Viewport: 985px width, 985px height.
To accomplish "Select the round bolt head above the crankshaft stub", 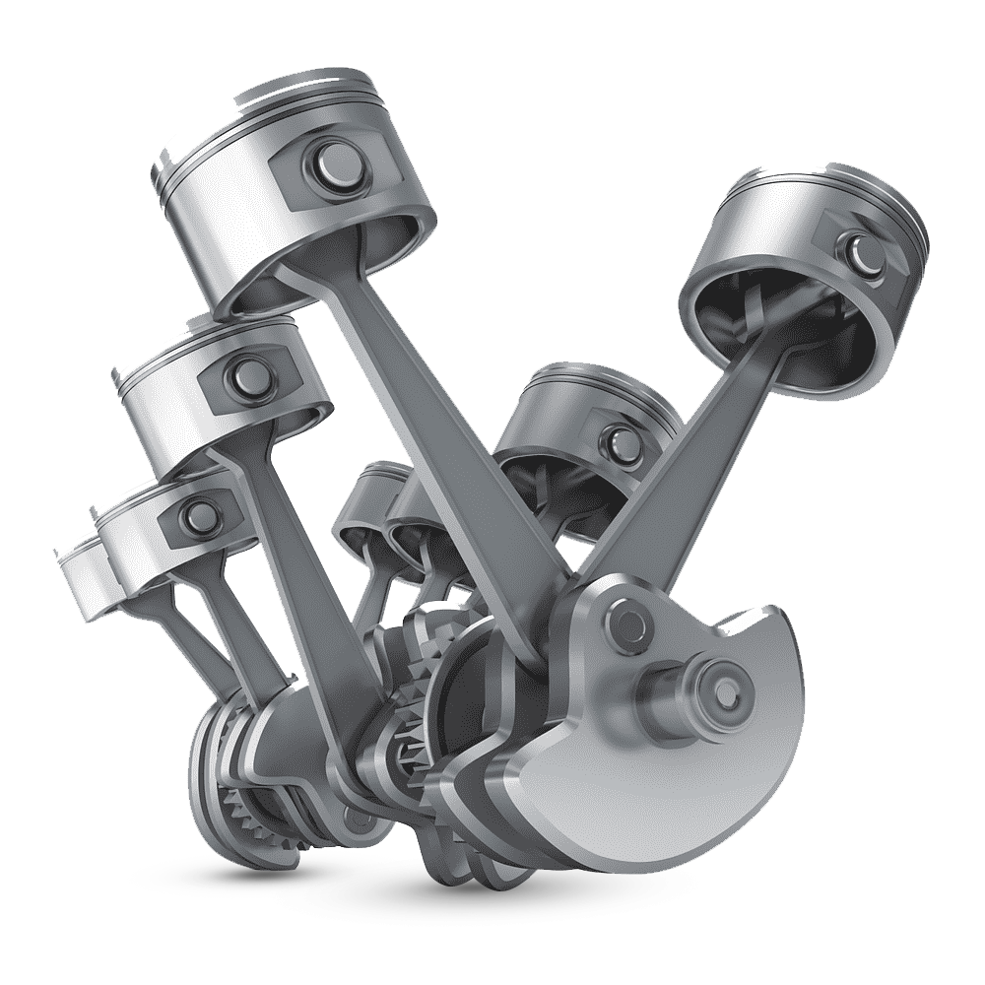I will point(626,620).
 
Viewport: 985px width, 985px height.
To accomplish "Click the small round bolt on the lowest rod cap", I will point(358,817).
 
